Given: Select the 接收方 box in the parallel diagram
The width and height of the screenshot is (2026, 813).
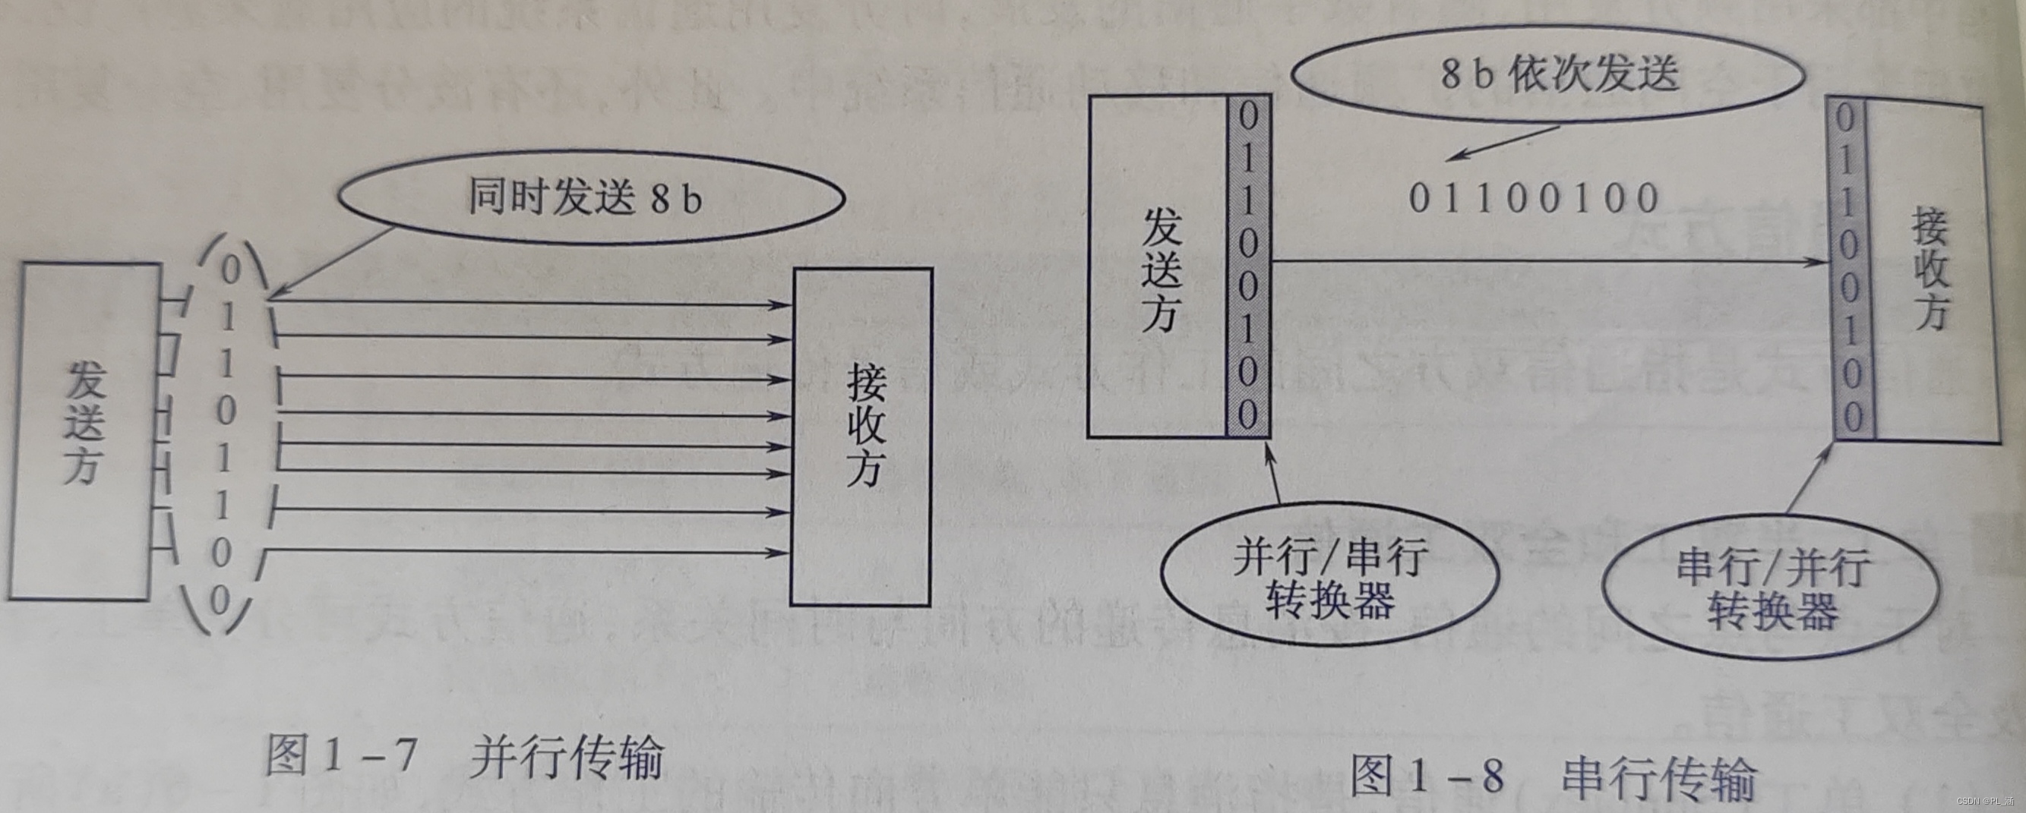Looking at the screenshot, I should [862, 436].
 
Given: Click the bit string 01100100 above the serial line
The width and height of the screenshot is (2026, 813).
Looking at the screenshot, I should [1534, 198].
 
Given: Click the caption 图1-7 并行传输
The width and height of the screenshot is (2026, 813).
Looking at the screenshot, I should [464, 756].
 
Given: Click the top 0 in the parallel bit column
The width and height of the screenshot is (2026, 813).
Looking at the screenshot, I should [230, 269].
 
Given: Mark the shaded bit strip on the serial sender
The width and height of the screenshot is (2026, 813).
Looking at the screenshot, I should [1248, 266].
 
